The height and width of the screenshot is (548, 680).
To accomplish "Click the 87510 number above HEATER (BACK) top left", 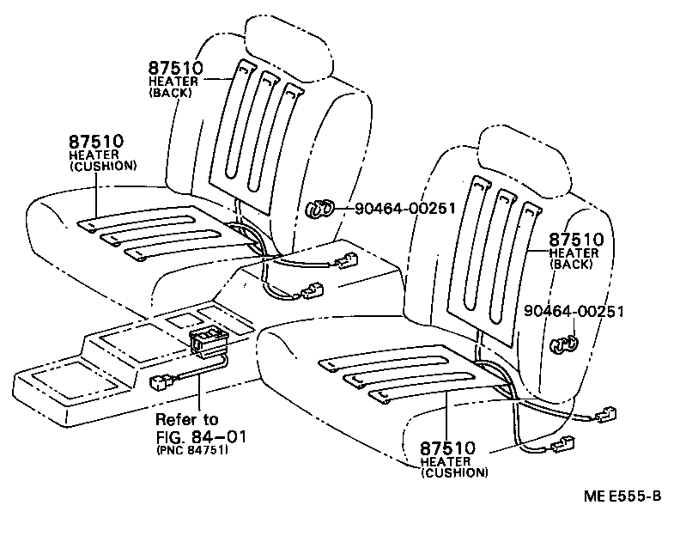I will (x=175, y=69).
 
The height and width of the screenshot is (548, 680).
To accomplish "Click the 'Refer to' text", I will (x=186, y=419).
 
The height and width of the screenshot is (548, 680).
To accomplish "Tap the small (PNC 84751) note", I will (x=191, y=450).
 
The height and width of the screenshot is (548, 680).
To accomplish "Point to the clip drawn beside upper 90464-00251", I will (x=320, y=209).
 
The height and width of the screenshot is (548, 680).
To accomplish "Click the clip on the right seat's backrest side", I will (x=562, y=344).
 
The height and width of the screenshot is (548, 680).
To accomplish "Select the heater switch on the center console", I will (x=209, y=338).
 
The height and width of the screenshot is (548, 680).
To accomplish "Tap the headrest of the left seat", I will (x=287, y=44).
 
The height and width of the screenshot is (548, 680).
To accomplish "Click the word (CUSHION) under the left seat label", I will (x=102, y=165).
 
